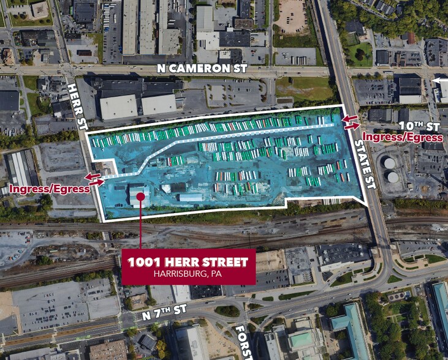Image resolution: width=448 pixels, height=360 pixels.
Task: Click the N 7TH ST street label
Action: [164, 313]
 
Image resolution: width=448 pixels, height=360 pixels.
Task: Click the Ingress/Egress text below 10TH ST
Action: [403, 137]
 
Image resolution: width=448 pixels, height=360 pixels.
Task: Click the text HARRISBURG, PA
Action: [188, 275]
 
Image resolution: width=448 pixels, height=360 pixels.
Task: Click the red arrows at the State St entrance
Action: [351, 122]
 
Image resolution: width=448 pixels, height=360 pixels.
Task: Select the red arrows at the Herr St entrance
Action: [95, 179]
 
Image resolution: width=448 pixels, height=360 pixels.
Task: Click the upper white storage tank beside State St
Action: [389, 163]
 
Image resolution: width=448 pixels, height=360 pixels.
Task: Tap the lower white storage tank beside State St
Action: [392, 177]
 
